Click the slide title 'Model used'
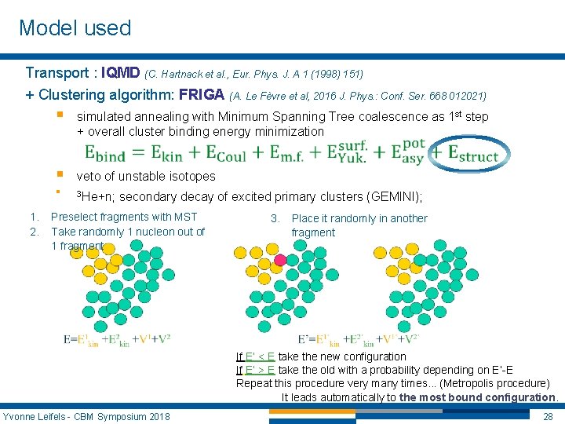point(75,28)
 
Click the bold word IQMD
point(121,73)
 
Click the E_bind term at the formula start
point(115,153)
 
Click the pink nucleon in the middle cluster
point(280,260)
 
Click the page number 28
point(549,415)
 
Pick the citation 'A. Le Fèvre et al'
point(274,97)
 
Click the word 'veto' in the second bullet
point(89,176)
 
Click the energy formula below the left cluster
point(117,339)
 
